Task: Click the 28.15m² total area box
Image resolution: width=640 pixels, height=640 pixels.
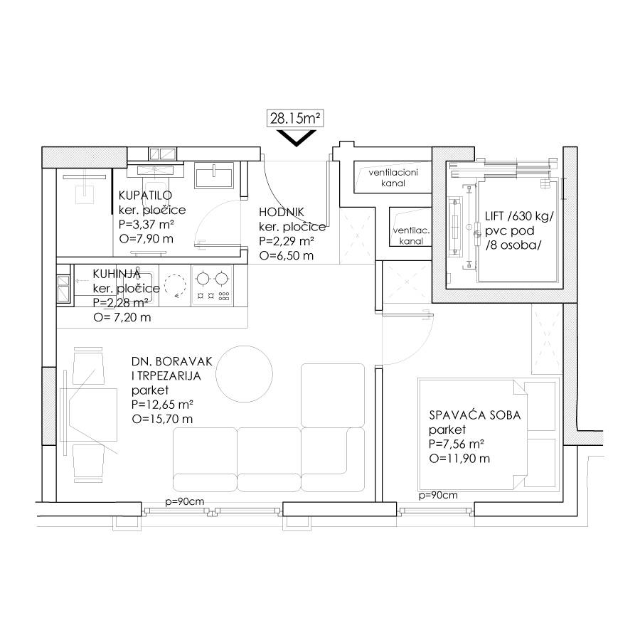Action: tap(295, 119)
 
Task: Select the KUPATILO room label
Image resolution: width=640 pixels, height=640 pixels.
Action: tap(145, 195)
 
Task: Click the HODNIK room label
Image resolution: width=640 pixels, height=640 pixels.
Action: tap(282, 212)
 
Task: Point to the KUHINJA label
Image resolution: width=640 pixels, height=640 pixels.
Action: tap(117, 274)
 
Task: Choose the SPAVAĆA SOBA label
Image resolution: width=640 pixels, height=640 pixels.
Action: tap(475, 415)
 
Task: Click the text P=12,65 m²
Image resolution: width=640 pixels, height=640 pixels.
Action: tap(162, 405)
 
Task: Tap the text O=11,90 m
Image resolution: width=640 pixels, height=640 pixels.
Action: tap(459, 459)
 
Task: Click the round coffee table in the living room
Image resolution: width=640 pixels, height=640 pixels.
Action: tap(244, 374)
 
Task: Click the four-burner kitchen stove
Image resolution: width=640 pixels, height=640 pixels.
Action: tap(212, 286)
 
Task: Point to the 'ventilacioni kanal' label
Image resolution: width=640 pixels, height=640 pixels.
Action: tap(393, 178)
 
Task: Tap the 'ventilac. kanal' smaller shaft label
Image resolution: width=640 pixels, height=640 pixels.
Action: tap(411, 236)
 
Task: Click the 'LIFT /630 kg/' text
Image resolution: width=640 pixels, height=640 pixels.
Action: tap(519, 216)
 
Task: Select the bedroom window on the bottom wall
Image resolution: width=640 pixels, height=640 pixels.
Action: tap(435, 510)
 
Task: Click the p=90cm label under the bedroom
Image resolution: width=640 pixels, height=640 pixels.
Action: tap(438, 496)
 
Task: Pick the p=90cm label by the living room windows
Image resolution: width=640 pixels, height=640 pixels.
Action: tap(184, 501)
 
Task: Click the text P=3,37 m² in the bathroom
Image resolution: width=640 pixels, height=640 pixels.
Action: tap(146, 225)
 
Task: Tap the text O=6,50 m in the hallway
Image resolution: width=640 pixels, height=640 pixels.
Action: tap(287, 256)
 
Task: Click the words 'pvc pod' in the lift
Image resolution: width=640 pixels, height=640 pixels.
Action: tap(509, 231)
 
